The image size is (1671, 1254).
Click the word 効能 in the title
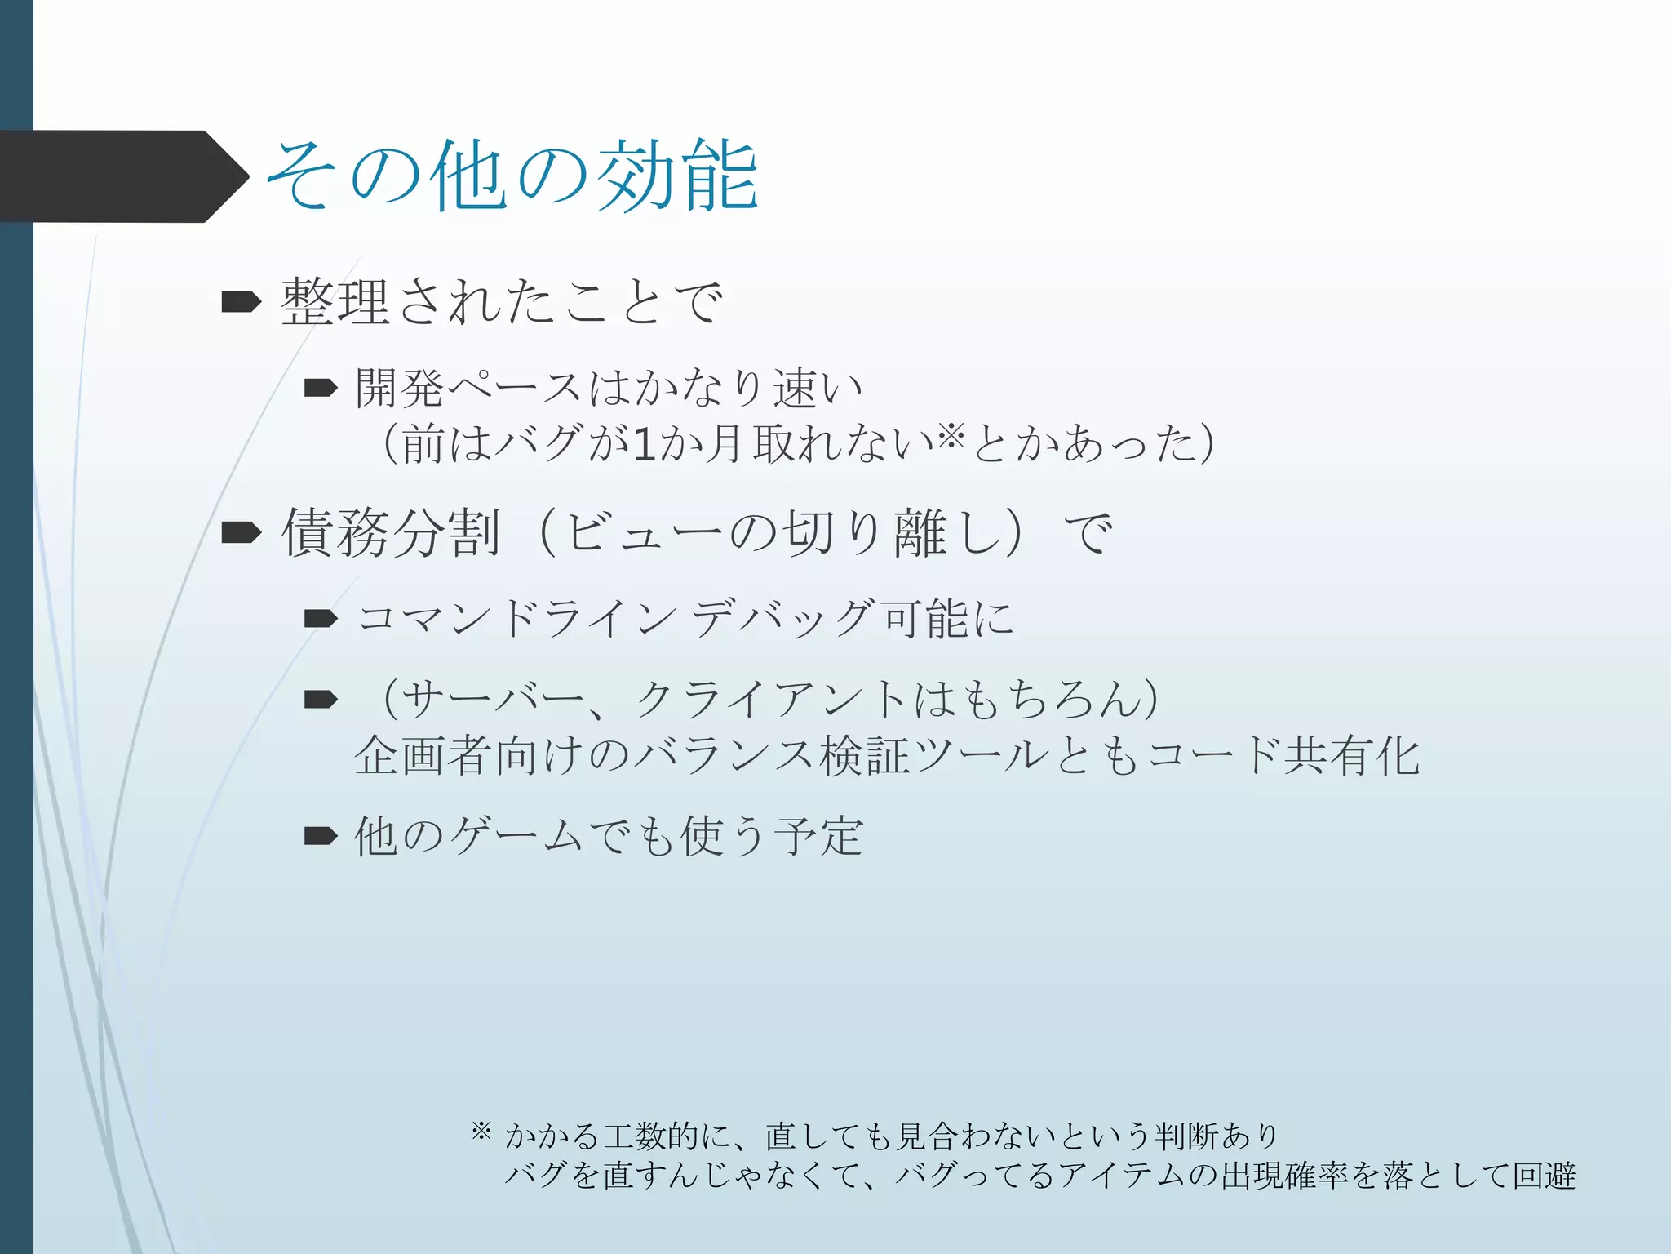[x=677, y=176]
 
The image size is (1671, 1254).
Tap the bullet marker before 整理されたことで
[x=241, y=302]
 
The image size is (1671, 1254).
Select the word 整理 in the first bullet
[x=335, y=302]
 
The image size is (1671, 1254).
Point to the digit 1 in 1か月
[x=645, y=445]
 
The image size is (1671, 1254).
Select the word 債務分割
[x=391, y=533]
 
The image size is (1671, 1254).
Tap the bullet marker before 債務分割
[x=241, y=533]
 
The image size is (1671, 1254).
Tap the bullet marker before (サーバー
[x=321, y=699]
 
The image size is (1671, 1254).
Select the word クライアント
[x=772, y=700]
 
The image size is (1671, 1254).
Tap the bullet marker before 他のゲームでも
[x=321, y=836]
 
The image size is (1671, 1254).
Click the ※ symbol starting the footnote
[x=481, y=1131]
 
